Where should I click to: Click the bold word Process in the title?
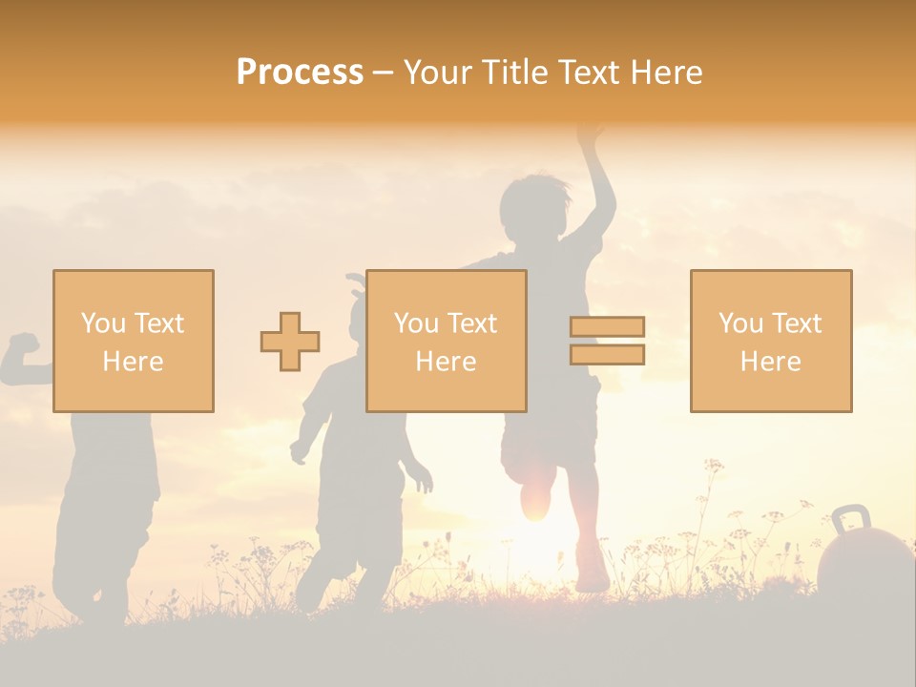pyautogui.click(x=300, y=73)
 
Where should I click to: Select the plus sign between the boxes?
pyautogui.click(x=290, y=342)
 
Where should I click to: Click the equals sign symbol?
pyautogui.click(x=607, y=341)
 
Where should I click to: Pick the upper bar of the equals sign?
pyautogui.click(x=607, y=327)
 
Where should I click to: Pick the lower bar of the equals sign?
pyautogui.click(x=607, y=355)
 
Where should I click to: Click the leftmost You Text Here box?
pyautogui.click(x=133, y=341)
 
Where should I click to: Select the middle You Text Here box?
pyautogui.click(x=446, y=341)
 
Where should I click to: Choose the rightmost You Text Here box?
pyautogui.click(x=770, y=341)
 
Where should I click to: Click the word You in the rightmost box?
pyautogui.click(x=739, y=323)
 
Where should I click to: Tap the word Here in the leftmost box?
pyautogui.click(x=133, y=362)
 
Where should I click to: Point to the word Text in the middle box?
pyautogui.click(x=471, y=323)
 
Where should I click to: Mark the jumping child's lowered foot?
pyautogui.click(x=592, y=577)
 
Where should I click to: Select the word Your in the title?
pyautogui.click(x=439, y=73)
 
